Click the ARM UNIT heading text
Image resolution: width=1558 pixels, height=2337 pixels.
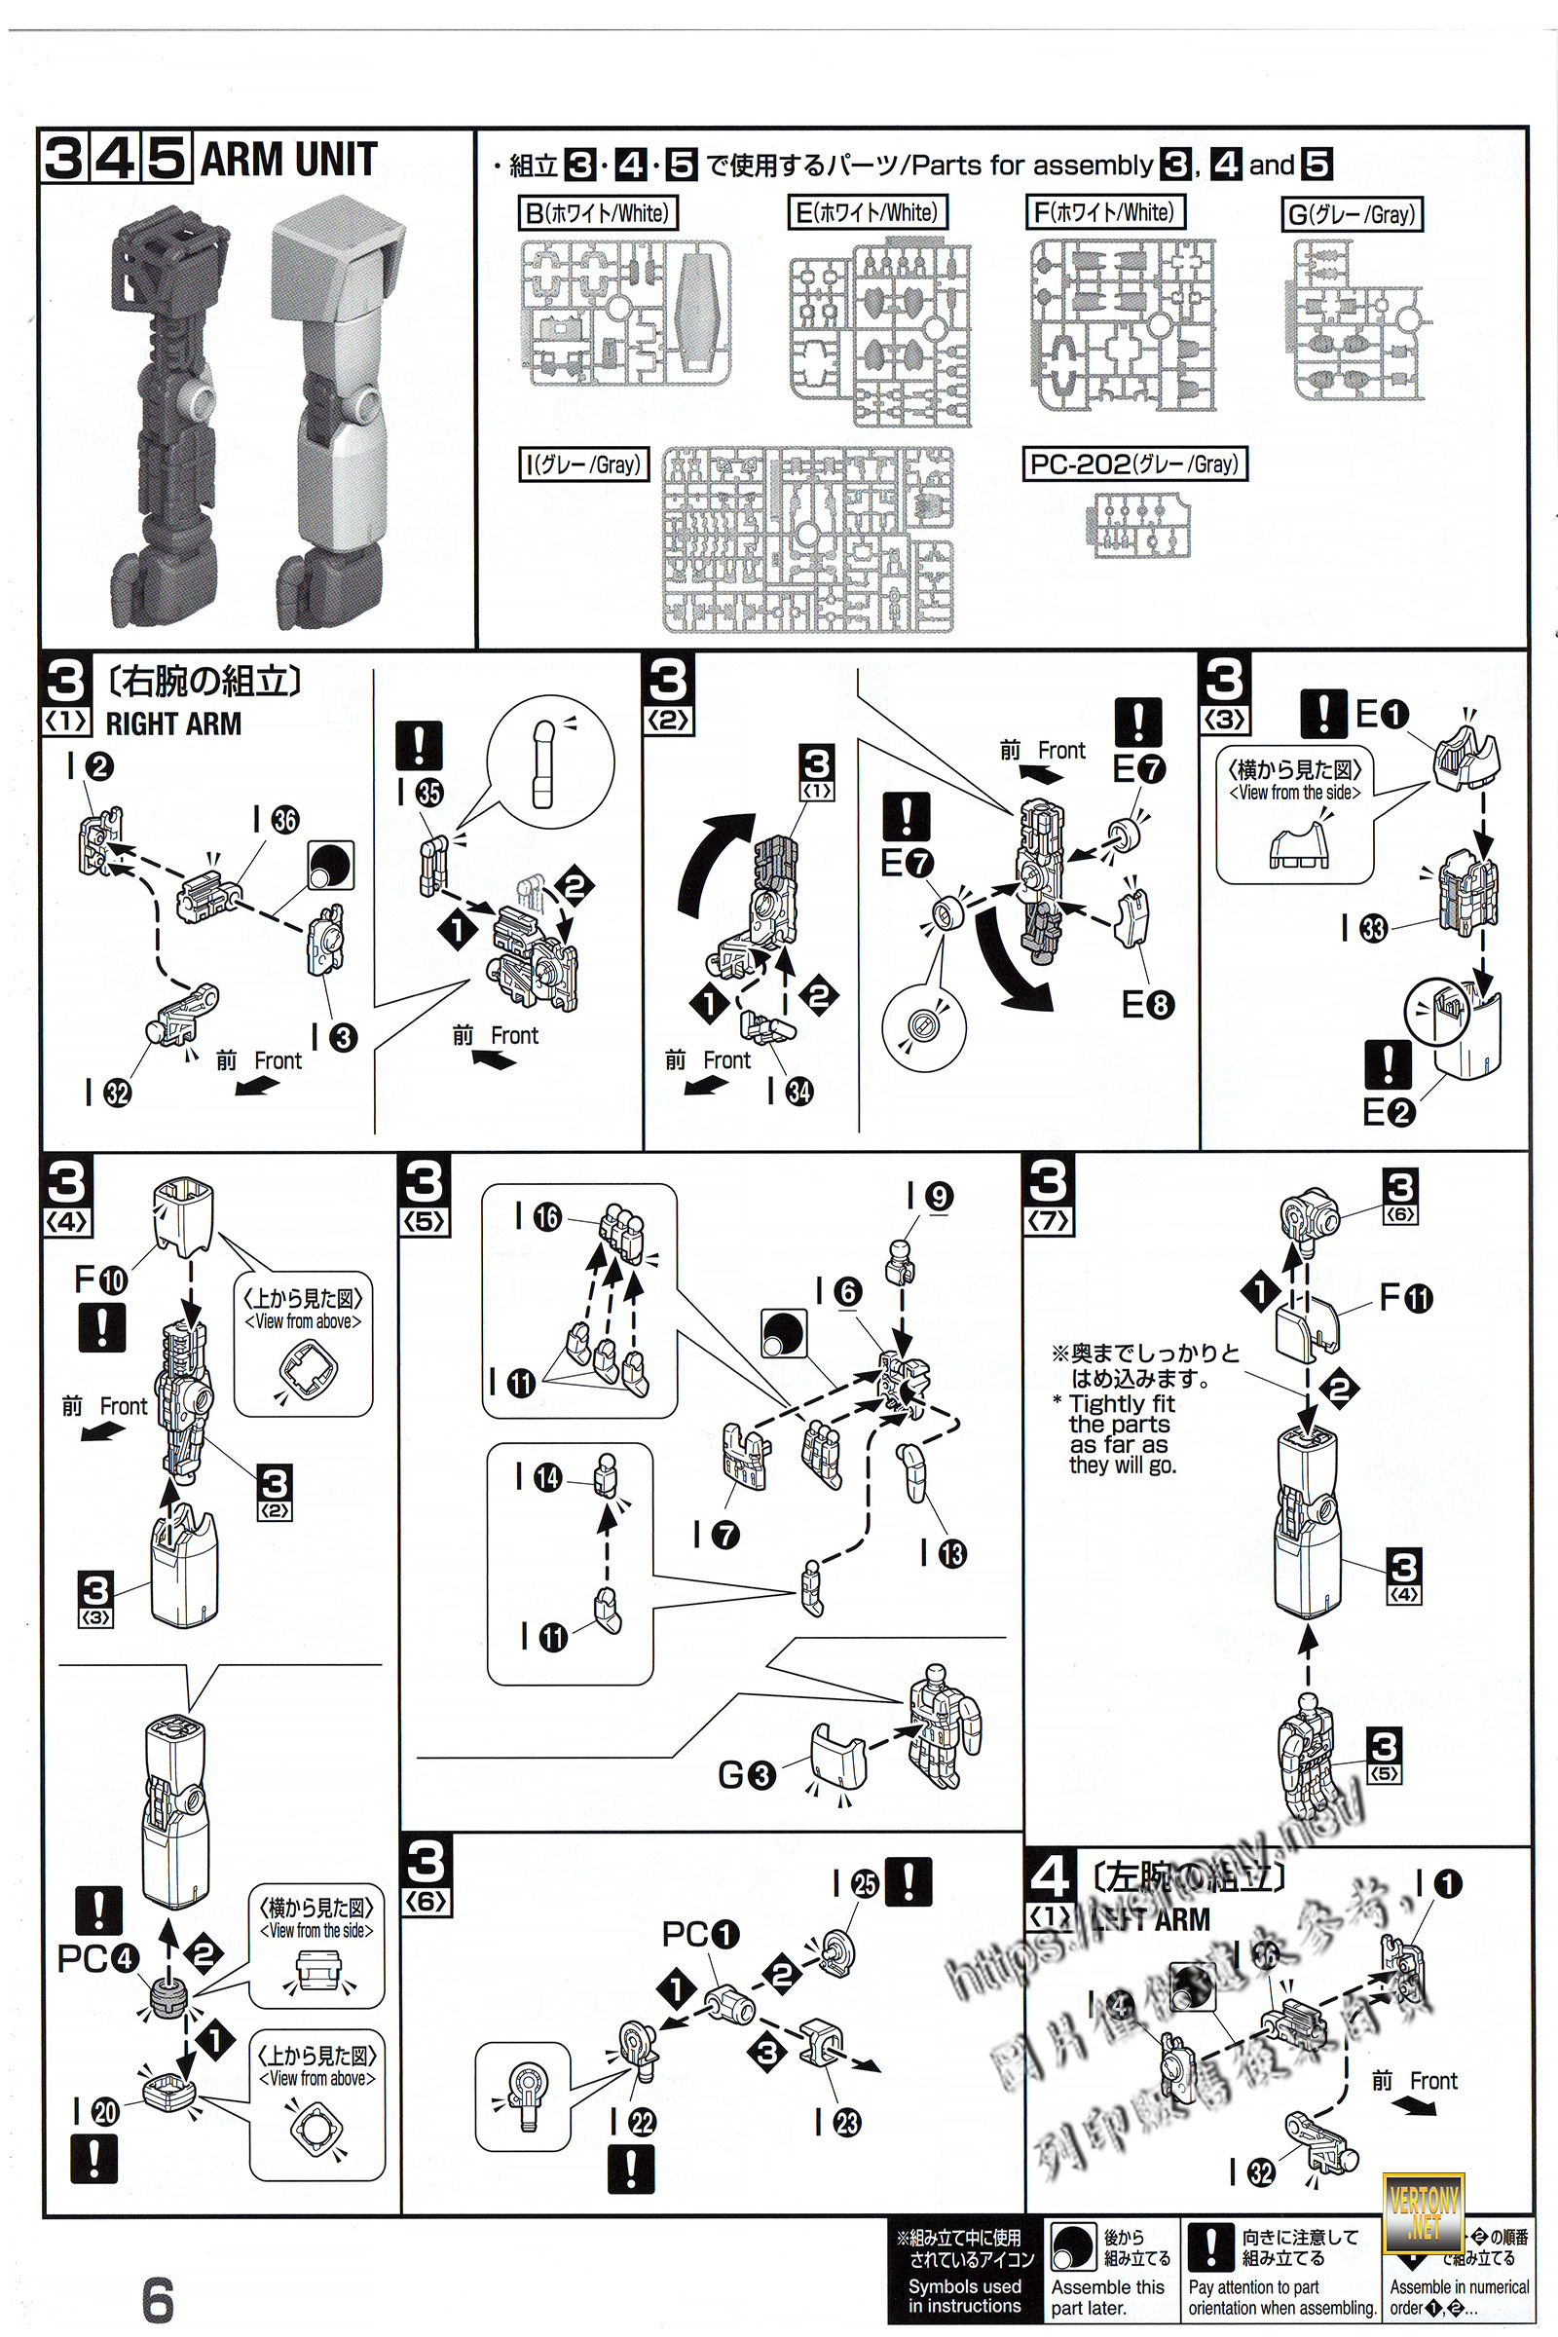click(288, 160)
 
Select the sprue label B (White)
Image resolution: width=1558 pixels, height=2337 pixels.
click(596, 212)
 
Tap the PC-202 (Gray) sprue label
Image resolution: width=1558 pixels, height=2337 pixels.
click(1134, 464)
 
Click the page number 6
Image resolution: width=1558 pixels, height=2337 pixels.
click(158, 2299)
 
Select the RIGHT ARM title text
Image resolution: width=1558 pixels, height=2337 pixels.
click(173, 724)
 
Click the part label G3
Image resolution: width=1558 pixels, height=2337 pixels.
click(745, 1774)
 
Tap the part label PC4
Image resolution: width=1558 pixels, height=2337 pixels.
click(96, 1958)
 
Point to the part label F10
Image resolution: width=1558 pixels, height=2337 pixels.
click(100, 1280)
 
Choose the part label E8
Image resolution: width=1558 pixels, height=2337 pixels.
click(1148, 1005)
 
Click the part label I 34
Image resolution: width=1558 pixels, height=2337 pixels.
click(791, 1091)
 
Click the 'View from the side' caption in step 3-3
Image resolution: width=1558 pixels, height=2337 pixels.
click(1295, 793)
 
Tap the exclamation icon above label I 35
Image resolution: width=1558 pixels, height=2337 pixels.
click(420, 746)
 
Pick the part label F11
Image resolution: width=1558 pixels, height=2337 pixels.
click(1405, 1297)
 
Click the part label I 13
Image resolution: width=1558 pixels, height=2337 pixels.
click(943, 1553)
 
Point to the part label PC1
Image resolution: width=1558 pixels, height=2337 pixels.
click(700, 1935)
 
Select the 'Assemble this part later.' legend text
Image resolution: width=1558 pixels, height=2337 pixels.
click(1107, 2297)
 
